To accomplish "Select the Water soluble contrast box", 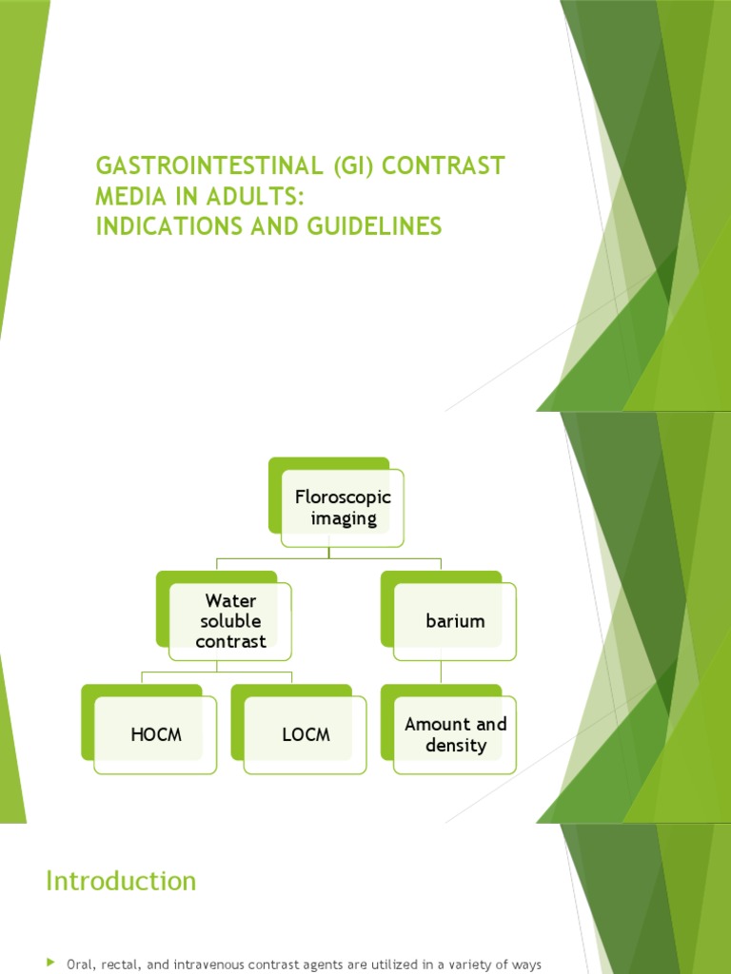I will click(x=230, y=621).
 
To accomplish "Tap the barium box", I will click(x=455, y=621).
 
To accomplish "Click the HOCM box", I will click(x=155, y=734).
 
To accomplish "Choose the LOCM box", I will click(x=305, y=734).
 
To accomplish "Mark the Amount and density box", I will click(x=455, y=734).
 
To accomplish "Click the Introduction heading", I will click(x=121, y=881).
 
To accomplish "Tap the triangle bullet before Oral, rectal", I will click(x=51, y=964).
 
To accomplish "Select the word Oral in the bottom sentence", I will click(x=79, y=964).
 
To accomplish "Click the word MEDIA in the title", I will click(x=128, y=196).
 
